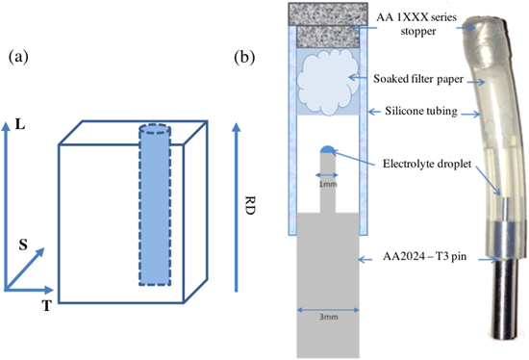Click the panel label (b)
pos(245,57)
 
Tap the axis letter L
pos(20,124)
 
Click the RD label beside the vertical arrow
pos(253,204)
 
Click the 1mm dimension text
pos(327,181)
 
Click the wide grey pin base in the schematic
pos(327,279)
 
